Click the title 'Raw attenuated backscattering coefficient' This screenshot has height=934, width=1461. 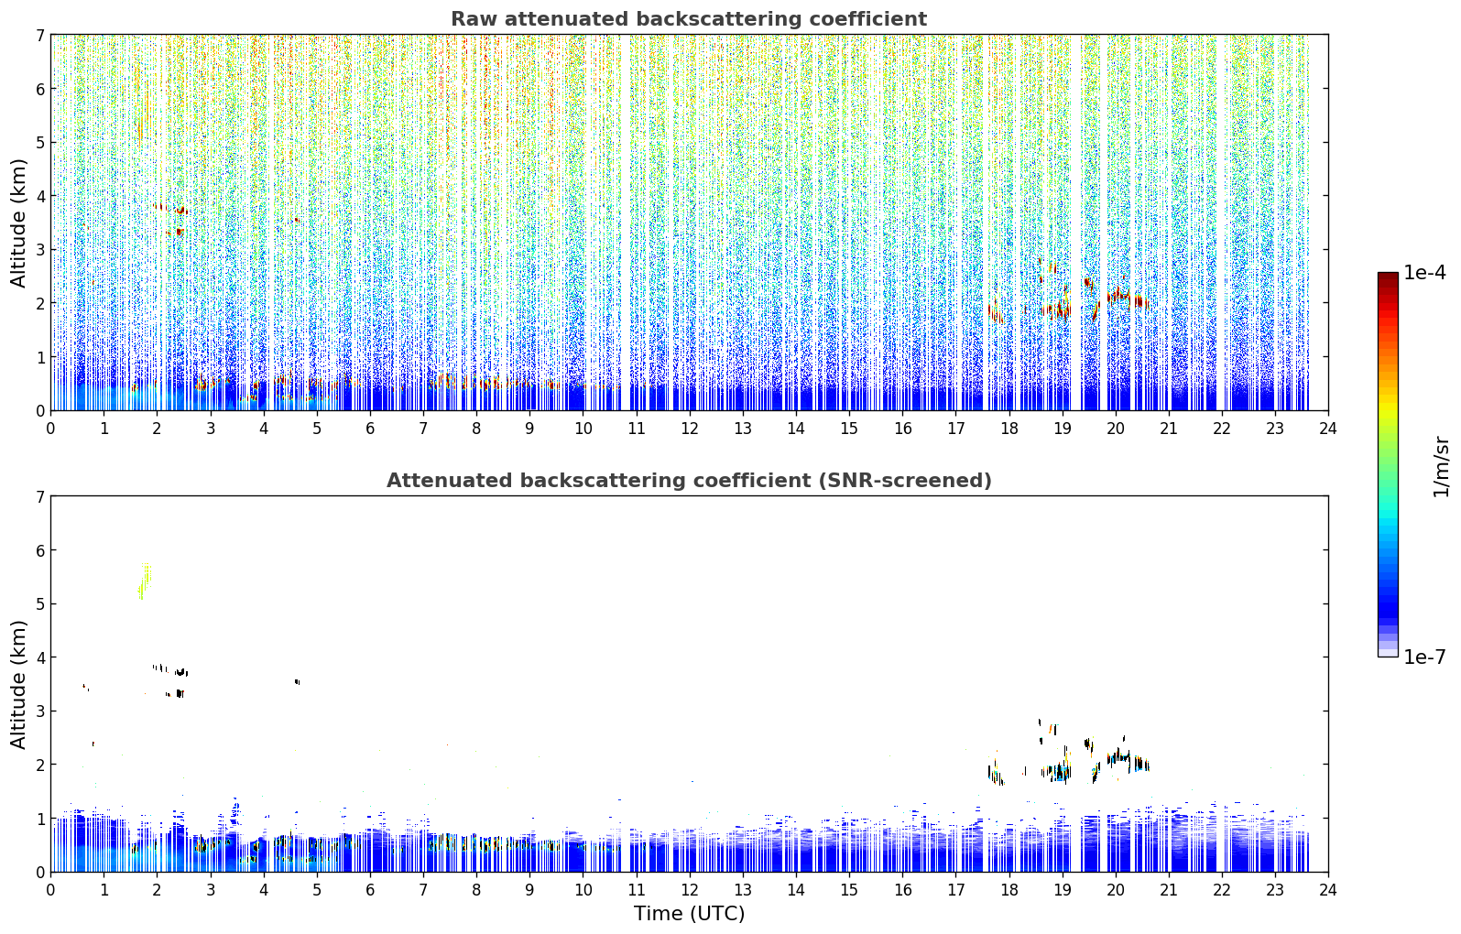(x=689, y=19)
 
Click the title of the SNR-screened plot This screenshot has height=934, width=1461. (x=689, y=480)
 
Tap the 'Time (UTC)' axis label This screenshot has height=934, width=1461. (x=689, y=913)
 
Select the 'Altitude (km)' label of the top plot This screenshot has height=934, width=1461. (x=18, y=223)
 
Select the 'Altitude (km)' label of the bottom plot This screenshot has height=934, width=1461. (x=18, y=684)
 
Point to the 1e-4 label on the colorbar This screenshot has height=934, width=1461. (x=1424, y=273)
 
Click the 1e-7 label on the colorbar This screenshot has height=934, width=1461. (x=1424, y=657)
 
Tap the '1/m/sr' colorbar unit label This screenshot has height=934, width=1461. (x=1441, y=467)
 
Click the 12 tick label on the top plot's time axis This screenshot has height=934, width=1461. (x=690, y=429)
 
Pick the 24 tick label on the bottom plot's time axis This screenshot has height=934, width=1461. (x=1328, y=890)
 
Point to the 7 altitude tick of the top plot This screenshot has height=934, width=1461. (x=39, y=35)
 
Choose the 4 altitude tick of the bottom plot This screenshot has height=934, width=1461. (x=39, y=657)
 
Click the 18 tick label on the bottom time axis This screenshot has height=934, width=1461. (x=1009, y=890)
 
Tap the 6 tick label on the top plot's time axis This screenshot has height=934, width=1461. (x=370, y=429)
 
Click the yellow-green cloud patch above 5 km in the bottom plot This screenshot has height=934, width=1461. (x=145, y=581)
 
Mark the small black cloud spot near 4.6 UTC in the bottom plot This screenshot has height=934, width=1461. (x=298, y=681)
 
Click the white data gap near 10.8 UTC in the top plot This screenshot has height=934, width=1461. (x=625, y=222)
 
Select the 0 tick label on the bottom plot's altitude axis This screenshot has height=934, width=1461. (x=39, y=872)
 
